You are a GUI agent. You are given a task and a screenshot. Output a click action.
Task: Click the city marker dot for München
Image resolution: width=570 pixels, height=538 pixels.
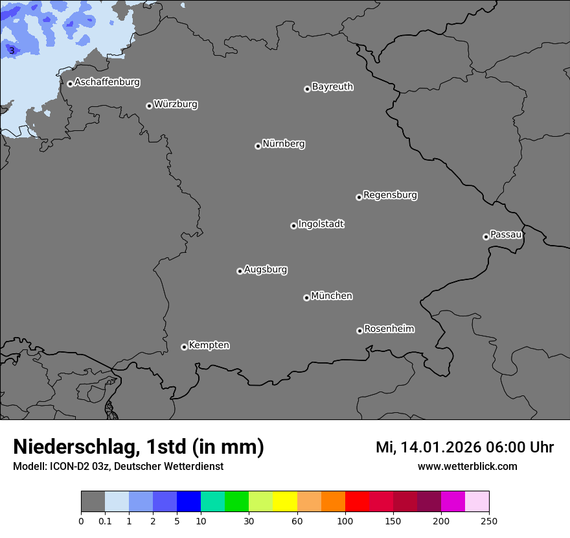[306, 298]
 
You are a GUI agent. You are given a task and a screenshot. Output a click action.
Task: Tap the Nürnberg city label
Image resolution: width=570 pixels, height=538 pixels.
[283, 144]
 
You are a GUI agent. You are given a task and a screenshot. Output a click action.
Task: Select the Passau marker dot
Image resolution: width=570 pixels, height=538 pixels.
[486, 237]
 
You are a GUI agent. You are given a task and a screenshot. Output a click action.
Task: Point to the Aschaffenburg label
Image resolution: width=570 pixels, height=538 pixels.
[107, 82]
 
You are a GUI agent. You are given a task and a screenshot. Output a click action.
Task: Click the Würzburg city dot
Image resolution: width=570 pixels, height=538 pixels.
[149, 106]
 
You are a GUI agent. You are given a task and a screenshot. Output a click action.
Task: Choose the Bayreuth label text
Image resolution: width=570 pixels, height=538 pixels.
[332, 87]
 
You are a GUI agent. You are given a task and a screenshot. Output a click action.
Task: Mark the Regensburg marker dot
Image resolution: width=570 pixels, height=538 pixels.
[359, 197]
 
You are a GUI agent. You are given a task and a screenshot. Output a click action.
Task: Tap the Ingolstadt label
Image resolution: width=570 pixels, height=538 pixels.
[321, 224]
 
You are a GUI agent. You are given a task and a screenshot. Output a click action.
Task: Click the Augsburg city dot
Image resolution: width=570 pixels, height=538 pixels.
[240, 271]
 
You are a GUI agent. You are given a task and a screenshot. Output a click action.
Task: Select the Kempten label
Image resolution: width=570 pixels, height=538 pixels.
[209, 345]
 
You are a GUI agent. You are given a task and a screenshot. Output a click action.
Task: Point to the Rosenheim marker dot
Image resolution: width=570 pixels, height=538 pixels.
[359, 331]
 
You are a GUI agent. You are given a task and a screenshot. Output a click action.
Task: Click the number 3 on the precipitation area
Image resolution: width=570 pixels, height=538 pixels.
[12, 51]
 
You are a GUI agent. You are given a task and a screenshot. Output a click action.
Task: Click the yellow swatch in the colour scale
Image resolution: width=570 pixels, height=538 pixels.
[285, 502]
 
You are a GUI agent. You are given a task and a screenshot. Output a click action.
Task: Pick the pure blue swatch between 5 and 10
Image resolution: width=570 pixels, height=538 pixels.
[188, 502]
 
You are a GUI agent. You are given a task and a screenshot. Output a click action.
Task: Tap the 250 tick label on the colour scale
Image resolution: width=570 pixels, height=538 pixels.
[489, 520]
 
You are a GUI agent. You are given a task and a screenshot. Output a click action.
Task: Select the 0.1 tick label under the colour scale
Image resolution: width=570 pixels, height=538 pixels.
[104, 520]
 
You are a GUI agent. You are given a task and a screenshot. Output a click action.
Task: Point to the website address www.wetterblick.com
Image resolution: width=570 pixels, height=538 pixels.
[467, 466]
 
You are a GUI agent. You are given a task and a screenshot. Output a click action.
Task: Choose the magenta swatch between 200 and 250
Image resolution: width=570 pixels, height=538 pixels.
[453, 502]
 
